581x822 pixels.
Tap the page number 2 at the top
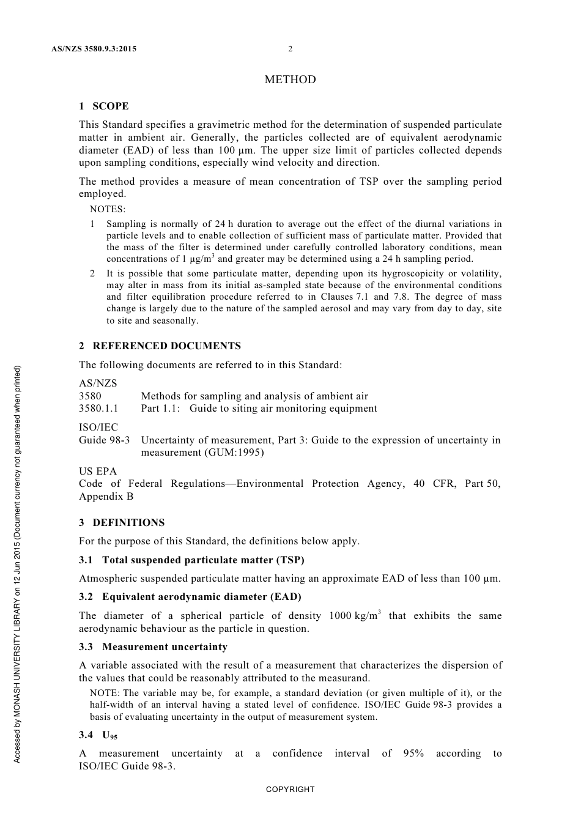pos(290,49)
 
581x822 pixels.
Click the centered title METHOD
pos(290,80)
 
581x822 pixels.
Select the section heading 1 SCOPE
pos(104,106)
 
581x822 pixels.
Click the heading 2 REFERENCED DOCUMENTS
pos(160,346)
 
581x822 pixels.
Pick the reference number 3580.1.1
pos(98,409)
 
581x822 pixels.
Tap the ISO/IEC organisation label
pos(98,428)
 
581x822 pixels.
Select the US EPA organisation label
pos(98,472)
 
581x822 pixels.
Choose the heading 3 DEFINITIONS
pos(122,523)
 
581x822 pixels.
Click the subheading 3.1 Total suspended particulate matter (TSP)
pos(191,560)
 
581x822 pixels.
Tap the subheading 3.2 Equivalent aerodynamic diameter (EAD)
pos(190,597)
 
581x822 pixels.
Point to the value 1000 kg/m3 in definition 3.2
pos(355,615)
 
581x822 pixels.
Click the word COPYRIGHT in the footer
pos(290,790)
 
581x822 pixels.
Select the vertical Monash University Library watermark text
pos(17,563)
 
